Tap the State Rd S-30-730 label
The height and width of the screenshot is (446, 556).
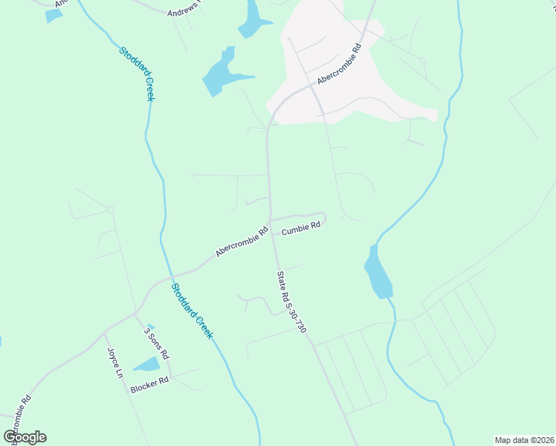(x=291, y=301)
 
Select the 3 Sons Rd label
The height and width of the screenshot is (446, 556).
(x=156, y=342)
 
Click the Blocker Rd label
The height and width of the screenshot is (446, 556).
(x=149, y=384)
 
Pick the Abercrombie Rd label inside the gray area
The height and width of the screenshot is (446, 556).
(x=338, y=65)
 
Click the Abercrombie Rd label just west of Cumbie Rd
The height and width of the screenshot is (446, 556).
(x=242, y=242)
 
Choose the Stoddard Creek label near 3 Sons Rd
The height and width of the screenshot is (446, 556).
(x=192, y=311)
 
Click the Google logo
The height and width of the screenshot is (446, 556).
(x=25, y=437)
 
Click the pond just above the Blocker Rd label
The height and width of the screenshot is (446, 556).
(x=146, y=364)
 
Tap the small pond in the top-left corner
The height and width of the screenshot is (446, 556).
(x=54, y=15)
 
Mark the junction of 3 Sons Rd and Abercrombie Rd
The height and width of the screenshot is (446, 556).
(x=135, y=314)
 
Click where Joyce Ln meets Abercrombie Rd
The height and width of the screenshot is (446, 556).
(x=106, y=328)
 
